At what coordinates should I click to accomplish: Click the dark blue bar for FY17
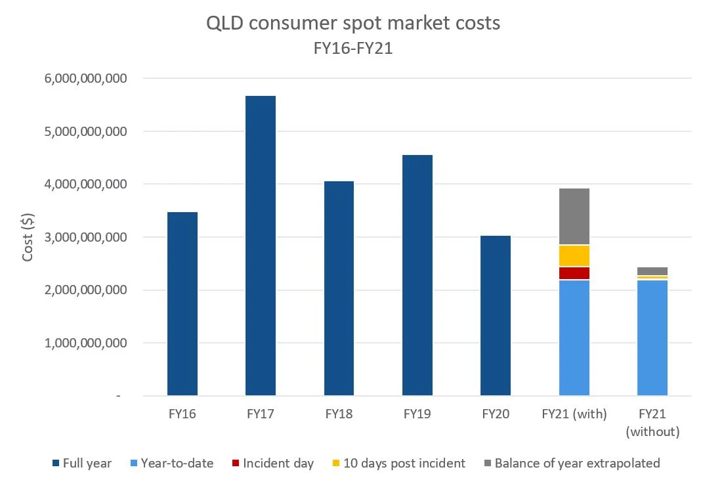[260, 246]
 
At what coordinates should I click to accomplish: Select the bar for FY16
[182, 303]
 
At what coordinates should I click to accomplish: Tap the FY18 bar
[339, 288]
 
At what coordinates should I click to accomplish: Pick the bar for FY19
[417, 275]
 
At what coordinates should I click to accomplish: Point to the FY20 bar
[496, 315]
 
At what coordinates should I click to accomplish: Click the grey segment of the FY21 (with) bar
[574, 216]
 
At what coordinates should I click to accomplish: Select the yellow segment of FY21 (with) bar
[574, 255]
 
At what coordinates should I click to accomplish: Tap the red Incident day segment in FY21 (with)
[574, 273]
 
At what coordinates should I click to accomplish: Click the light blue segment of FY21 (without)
[652, 338]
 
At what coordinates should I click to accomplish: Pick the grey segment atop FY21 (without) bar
[652, 271]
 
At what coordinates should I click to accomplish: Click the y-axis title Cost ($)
[28, 236]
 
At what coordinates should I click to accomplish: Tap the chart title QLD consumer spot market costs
[353, 23]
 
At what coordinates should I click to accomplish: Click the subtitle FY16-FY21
[353, 48]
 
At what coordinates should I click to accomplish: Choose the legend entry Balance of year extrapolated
[576, 463]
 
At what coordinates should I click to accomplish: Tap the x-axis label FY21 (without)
[652, 423]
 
